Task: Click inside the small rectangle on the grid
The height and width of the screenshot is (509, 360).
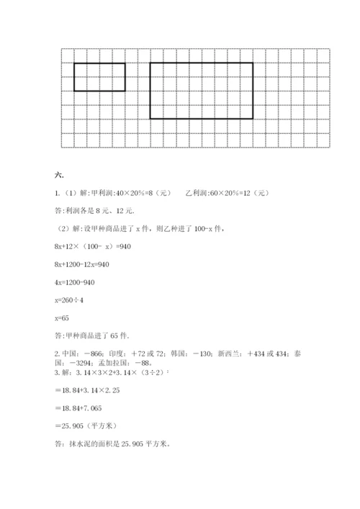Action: pos(99,77)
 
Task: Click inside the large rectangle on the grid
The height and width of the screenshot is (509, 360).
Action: pos(201,90)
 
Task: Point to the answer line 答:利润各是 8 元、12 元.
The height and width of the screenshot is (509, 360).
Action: pos(94,211)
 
